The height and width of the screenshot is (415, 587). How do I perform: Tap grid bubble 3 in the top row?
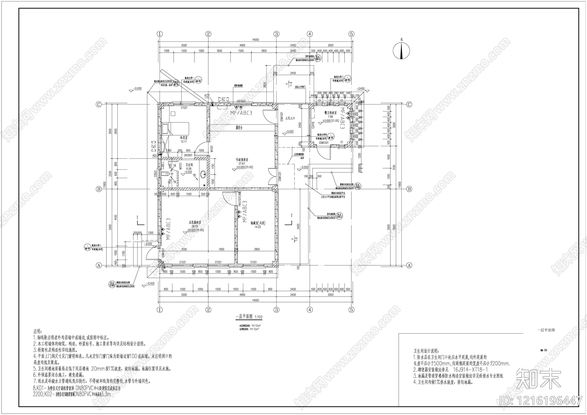tap(276, 34)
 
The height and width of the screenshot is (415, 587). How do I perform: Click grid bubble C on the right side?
tap(409, 104)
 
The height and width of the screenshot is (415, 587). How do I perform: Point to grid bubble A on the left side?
tap(98, 265)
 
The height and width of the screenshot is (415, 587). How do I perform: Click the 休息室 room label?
tap(184, 138)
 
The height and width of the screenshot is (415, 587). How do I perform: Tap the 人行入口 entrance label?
tap(290, 114)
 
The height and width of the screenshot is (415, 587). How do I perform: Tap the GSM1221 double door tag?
tap(280, 176)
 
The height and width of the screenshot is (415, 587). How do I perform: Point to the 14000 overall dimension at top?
tap(255, 40)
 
